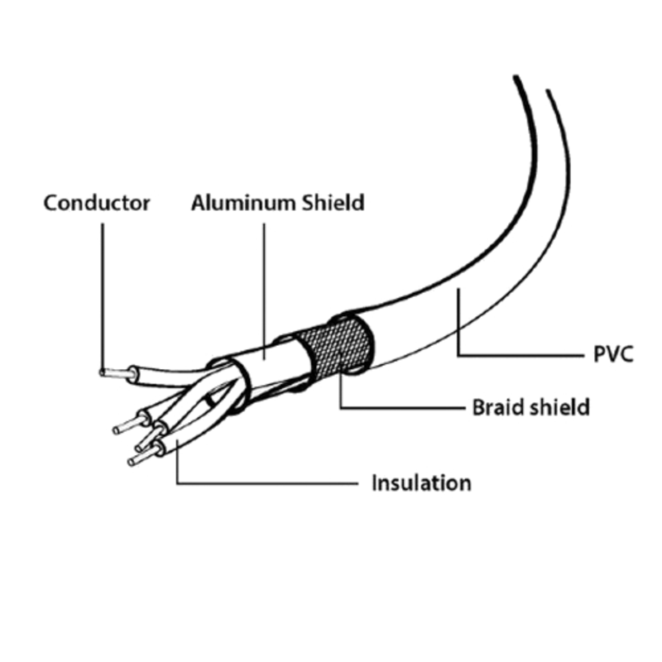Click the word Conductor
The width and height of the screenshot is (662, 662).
(x=97, y=203)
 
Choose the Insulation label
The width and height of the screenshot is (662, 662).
(x=421, y=482)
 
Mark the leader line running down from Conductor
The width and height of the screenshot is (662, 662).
(x=102, y=290)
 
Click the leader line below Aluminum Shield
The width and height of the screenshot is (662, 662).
(x=264, y=281)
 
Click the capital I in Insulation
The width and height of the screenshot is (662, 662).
(x=375, y=482)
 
